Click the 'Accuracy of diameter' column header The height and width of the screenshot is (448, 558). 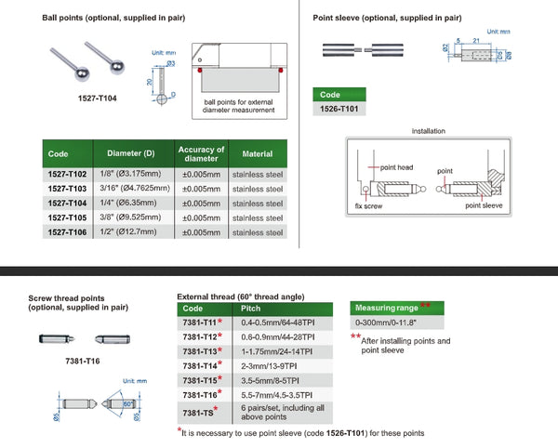[x=201, y=153]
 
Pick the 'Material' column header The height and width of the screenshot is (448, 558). [x=257, y=153]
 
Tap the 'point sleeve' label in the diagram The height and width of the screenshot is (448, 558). [x=484, y=205]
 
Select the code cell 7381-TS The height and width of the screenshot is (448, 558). [x=198, y=411]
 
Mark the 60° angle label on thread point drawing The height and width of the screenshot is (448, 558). [x=127, y=403]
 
